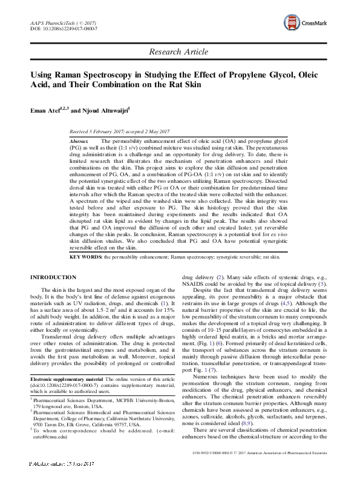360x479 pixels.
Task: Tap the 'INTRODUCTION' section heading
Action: tap(54, 277)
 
